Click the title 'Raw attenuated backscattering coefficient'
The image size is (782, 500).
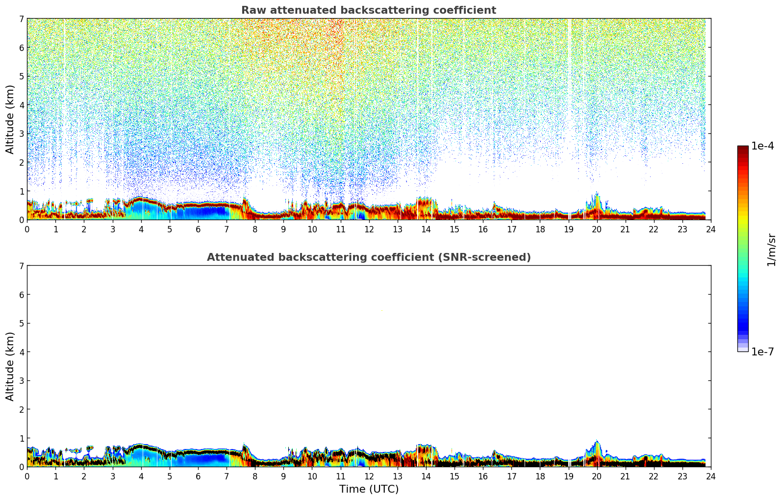[x=368, y=10]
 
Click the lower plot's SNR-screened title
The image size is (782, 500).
[x=368, y=257]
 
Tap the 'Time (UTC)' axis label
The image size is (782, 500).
[x=369, y=489]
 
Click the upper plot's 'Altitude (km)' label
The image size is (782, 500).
[x=10, y=119]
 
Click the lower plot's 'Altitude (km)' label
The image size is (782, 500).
[x=10, y=366]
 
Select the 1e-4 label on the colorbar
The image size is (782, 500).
[x=762, y=146]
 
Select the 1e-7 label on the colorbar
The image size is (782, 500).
[x=762, y=352]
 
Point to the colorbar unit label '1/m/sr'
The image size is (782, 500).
[x=771, y=250]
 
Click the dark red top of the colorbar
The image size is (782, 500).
[x=743, y=148]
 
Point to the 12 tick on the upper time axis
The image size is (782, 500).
[x=369, y=229]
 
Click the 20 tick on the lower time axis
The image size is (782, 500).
[x=597, y=476]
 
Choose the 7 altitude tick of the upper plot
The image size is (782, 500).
[x=21, y=19]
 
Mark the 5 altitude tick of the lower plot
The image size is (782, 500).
[x=21, y=323]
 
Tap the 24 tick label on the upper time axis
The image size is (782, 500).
[x=710, y=229]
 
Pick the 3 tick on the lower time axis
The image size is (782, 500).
[x=112, y=476]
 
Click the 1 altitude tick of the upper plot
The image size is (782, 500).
[x=21, y=191]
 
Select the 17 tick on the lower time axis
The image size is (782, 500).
[x=511, y=476]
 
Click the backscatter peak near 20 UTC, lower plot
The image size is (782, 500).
[x=597, y=444]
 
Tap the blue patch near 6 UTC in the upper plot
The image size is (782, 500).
[x=201, y=212]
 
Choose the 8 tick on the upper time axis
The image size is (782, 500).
[x=255, y=229]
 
